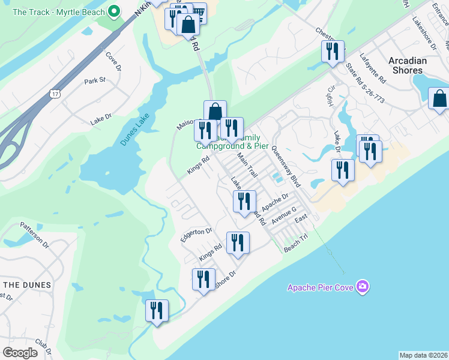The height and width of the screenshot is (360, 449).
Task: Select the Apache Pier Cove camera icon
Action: [x=362, y=286]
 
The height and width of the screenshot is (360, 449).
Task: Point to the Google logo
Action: [x=20, y=352]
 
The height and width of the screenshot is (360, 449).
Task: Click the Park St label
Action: [x=95, y=80]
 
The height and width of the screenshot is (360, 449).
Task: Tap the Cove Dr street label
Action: [x=113, y=61]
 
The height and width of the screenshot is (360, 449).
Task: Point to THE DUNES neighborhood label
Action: [x=20, y=284]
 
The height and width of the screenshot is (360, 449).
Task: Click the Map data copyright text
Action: [x=423, y=355]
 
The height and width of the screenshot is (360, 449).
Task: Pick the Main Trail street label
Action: [x=247, y=166]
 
